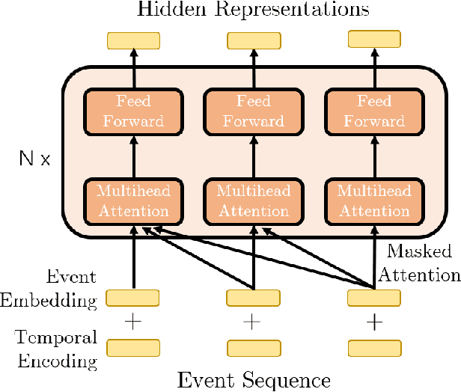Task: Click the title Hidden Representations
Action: click(x=253, y=10)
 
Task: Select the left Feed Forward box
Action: click(x=134, y=111)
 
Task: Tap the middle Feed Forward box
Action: click(x=254, y=111)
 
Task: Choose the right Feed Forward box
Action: click(x=374, y=111)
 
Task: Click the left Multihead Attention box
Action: click(x=134, y=200)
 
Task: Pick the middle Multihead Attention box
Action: click(x=254, y=200)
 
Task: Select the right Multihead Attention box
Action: click(x=374, y=200)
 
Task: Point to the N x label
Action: click(x=34, y=159)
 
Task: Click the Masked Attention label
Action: click(x=419, y=263)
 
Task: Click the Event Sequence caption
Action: click(x=254, y=380)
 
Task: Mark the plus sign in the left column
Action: click(x=133, y=322)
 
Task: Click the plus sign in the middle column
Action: click(x=253, y=322)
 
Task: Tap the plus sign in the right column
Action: click(x=374, y=322)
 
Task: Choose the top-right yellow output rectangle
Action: click(x=374, y=40)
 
